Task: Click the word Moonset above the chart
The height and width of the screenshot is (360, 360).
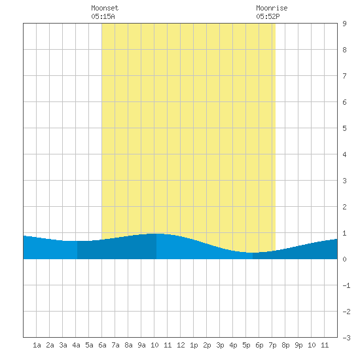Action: tap(105, 8)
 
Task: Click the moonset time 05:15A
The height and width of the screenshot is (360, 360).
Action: tap(103, 16)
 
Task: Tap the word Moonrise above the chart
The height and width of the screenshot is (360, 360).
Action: tap(272, 8)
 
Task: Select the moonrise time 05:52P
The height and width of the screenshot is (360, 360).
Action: tap(268, 16)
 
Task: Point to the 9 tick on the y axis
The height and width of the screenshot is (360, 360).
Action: tap(344, 24)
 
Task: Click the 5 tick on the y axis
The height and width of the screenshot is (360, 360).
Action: tap(344, 128)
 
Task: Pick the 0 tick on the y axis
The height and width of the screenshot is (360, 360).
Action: tap(344, 259)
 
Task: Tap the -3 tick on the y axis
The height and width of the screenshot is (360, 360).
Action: tap(346, 338)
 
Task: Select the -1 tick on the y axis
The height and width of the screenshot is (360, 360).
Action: tap(346, 285)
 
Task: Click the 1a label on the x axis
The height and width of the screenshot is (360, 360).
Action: tap(37, 345)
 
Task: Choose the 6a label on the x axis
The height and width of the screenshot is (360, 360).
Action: tap(102, 345)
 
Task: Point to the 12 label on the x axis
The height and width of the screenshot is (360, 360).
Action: tap(181, 345)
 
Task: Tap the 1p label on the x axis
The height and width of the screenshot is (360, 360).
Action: tap(194, 345)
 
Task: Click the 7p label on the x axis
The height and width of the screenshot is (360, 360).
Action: tap(272, 345)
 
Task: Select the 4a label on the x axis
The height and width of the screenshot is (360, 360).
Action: tap(76, 345)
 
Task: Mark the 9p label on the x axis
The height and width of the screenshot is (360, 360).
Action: tap(298, 345)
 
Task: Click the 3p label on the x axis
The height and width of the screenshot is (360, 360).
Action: tap(220, 345)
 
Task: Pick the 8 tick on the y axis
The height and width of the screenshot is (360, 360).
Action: tap(344, 50)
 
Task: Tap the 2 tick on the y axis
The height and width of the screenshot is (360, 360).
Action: tap(344, 207)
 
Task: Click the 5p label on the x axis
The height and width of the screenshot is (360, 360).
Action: tap(246, 345)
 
